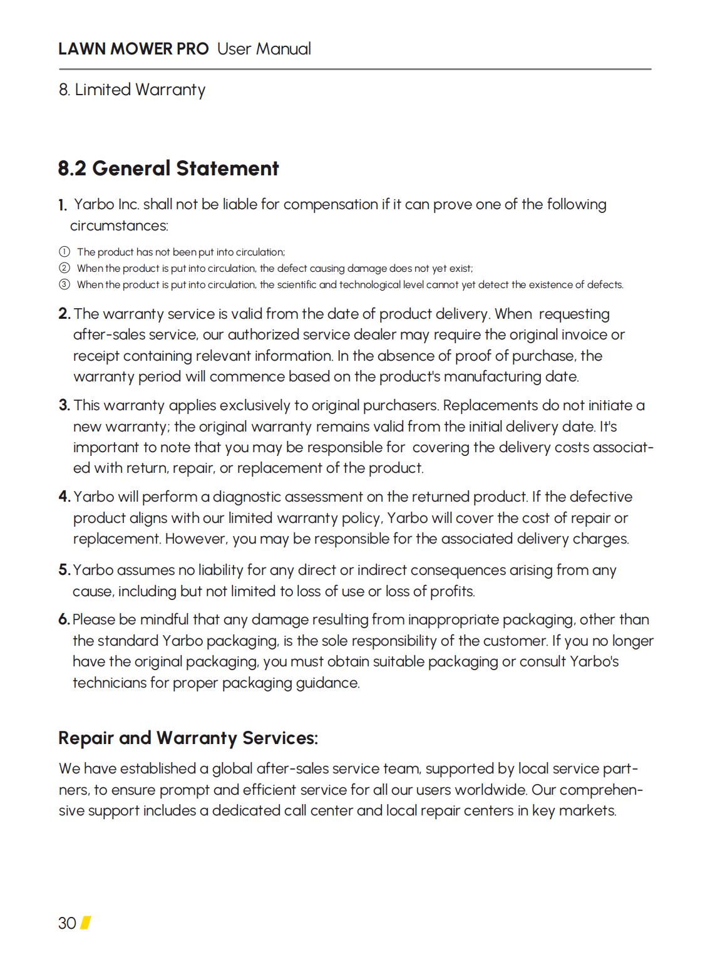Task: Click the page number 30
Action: [67, 923]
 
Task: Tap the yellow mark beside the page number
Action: [86, 923]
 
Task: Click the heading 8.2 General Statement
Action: [168, 168]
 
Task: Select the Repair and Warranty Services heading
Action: [188, 738]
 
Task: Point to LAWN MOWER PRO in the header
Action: [133, 49]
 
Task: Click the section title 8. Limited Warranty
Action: [131, 90]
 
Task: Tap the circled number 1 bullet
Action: [64, 252]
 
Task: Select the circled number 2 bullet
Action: [64, 268]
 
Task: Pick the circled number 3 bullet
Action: [64, 284]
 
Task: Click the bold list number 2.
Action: [64, 314]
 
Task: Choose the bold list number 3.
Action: [64, 405]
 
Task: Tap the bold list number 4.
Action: [64, 497]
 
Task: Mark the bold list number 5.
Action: [64, 570]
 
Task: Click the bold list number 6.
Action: [64, 619]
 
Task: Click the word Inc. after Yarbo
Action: [128, 205]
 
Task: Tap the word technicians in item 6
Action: [109, 683]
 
